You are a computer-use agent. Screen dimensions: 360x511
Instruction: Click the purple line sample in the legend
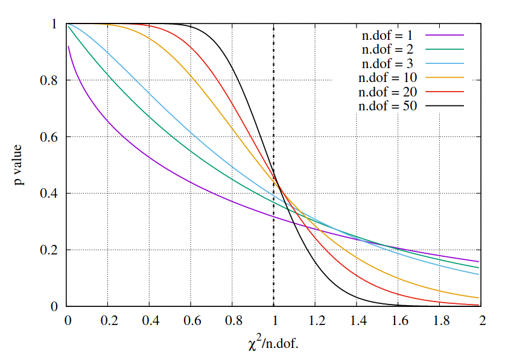coord(443,35)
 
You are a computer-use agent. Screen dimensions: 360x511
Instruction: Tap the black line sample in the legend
coord(443,106)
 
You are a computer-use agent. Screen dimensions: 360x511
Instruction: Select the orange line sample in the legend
coord(443,78)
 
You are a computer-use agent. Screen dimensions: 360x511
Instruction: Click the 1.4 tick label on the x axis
coord(357,321)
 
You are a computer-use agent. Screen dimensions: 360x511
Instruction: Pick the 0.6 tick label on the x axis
coord(191,321)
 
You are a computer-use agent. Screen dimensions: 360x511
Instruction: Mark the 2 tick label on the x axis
coord(481,321)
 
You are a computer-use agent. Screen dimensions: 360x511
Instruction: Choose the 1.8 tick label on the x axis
coord(439,321)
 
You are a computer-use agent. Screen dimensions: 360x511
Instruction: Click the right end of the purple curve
coord(478,261)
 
